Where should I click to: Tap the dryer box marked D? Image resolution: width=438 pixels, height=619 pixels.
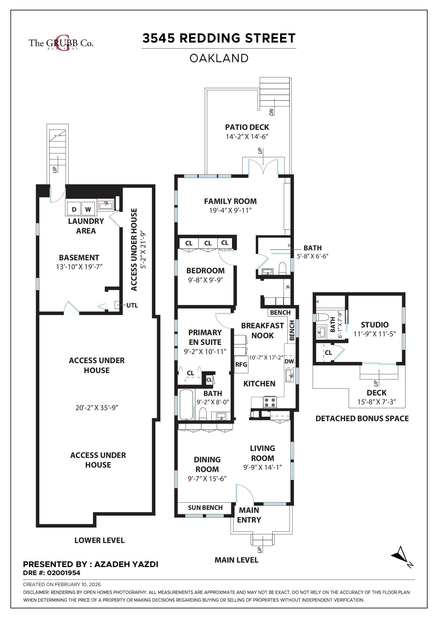coord(74,209)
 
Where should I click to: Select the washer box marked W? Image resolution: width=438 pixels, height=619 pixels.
coord(88,209)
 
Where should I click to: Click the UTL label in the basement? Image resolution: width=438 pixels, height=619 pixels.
coord(132,305)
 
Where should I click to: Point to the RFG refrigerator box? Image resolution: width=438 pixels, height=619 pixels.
coord(241,364)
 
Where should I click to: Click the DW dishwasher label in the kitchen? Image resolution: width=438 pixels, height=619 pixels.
coord(289,361)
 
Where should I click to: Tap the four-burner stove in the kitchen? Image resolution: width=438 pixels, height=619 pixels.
coord(270,402)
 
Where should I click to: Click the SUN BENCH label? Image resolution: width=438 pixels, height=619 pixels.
coord(205,508)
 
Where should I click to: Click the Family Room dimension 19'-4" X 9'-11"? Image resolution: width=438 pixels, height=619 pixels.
coord(230,211)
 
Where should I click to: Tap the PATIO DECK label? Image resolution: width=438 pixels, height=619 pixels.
coord(247,127)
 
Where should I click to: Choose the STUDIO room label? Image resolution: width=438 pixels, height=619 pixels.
coord(374,325)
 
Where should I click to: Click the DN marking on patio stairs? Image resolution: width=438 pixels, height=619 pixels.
coord(272,112)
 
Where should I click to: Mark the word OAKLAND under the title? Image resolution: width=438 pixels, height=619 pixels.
coord(219,58)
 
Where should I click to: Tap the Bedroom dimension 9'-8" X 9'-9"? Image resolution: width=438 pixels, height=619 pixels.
coord(205,280)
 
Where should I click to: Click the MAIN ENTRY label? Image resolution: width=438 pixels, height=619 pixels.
coord(249,515)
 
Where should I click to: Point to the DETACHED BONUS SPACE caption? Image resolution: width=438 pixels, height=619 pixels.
coord(362,418)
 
